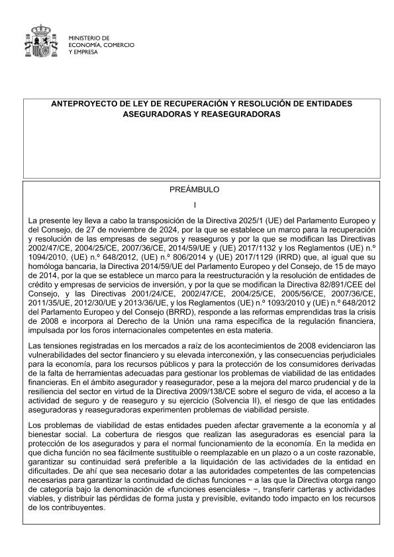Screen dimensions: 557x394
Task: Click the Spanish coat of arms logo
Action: click(42, 41)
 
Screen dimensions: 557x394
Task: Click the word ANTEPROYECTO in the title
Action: click(85, 104)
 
